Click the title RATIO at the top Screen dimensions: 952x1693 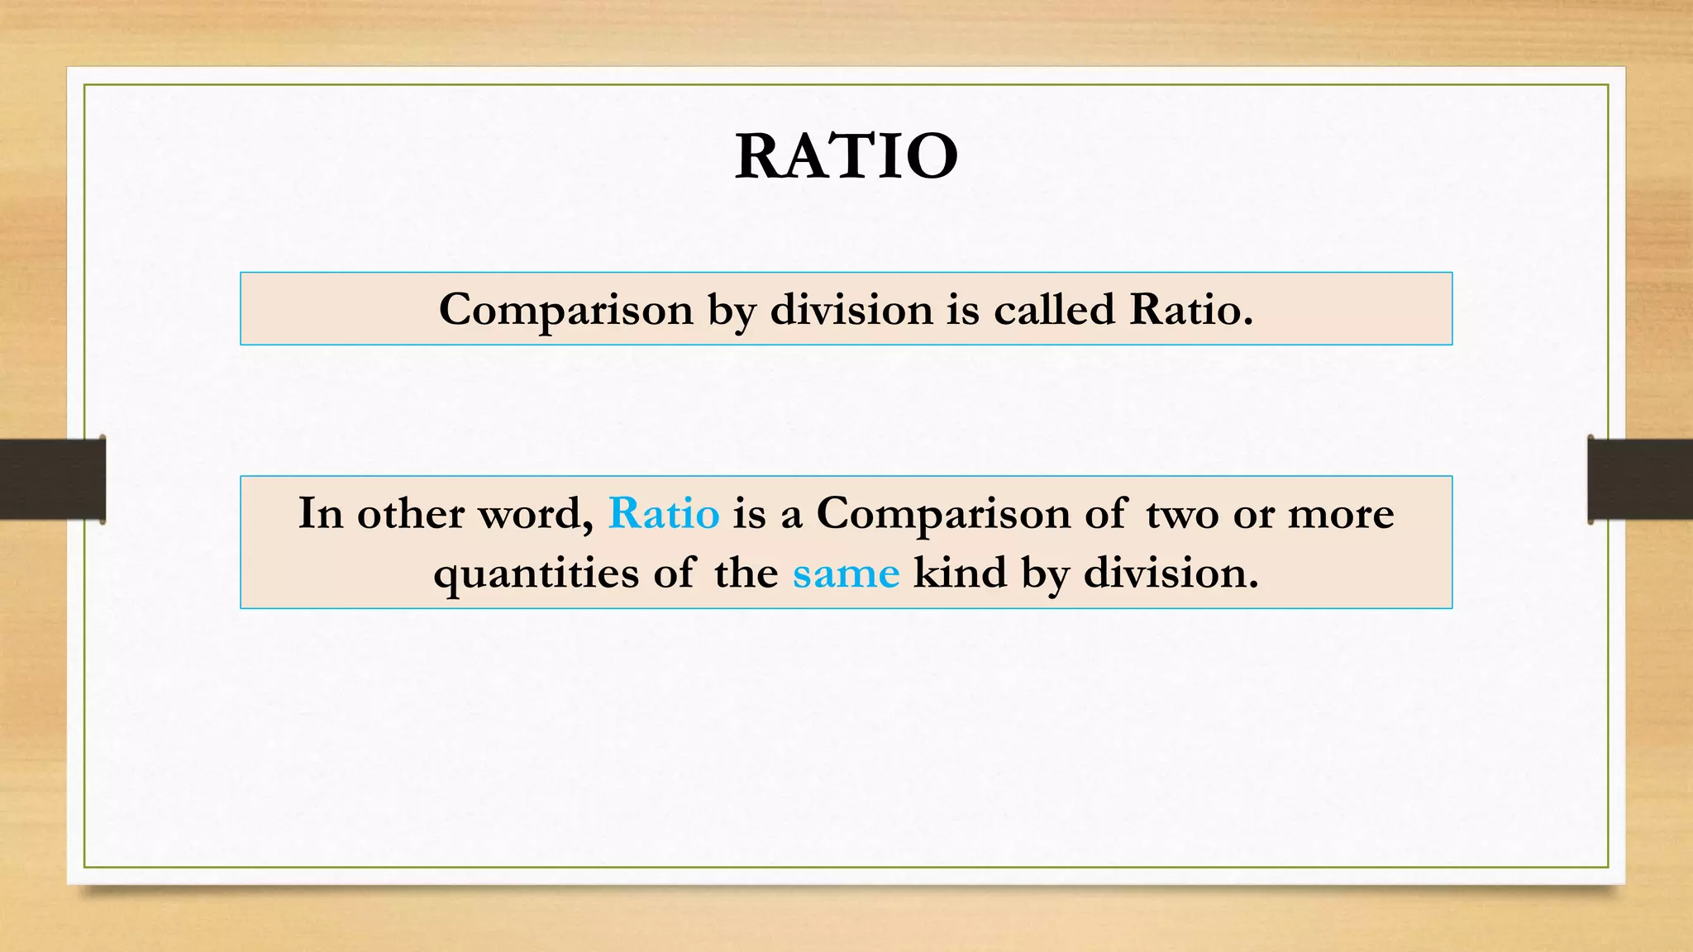coord(846,156)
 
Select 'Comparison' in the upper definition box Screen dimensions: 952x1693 coord(565,310)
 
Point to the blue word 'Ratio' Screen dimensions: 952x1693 coord(664,513)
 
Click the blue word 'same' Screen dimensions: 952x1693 coord(846,573)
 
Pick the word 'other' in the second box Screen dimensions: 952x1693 coord(410,513)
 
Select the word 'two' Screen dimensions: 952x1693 coord(1182,514)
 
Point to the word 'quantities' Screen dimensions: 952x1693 coord(536,574)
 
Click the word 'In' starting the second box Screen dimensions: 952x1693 coord(320,513)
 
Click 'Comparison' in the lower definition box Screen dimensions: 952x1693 coord(943,514)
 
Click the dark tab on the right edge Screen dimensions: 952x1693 coord(1640,479)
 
